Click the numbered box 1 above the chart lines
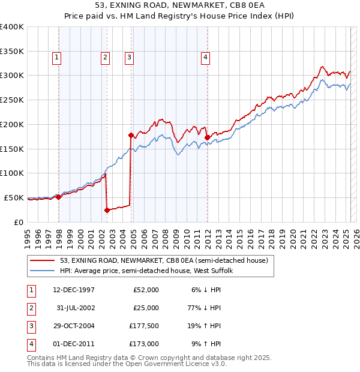[x=56, y=58]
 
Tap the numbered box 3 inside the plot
[x=129, y=58]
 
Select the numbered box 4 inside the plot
[x=205, y=58]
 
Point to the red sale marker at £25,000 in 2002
[x=107, y=210]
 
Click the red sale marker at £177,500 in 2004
[x=131, y=135]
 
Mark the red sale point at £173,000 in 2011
[x=207, y=137]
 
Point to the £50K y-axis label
[x=14, y=197]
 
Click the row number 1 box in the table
[x=31, y=290]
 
